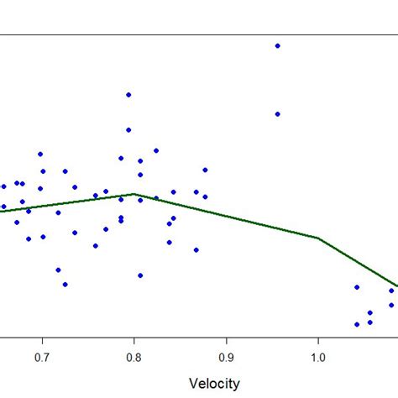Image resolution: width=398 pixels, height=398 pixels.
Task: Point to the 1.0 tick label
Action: pyautogui.click(x=318, y=358)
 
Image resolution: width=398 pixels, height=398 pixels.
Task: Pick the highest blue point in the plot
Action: pyautogui.click(x=277, y=45)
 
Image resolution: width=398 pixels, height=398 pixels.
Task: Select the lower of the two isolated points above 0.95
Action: pyautogui.click(x=277, y=113)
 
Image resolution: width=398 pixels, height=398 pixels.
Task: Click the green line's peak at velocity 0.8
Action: pyautogui.click(x=134, y=194)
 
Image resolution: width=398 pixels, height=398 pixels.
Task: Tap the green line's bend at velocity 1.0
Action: pyautogui.click(x=318, y=238)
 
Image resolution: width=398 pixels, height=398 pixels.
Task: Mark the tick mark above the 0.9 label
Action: pyautogui.click(x=226, y=341)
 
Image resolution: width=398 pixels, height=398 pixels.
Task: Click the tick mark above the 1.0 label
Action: pyautogui.click(x=318, y=341)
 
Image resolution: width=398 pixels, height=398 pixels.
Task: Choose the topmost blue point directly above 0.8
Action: pyautogui.click(x=128, y=95)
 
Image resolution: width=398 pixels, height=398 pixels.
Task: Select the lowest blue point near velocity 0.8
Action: pyautogui.click(x=140, y=275)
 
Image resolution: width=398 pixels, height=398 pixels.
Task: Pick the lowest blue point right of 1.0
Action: pyautogui.click(x=357, y=324)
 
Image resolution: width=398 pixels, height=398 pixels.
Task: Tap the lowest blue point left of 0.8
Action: pyautogui.click(x=65, y=284)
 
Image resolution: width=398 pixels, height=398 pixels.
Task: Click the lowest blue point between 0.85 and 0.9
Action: pyautogui.click(x=196, y=249)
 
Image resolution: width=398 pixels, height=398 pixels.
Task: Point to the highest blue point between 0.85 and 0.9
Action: pyautogui.click(x=204, y=170)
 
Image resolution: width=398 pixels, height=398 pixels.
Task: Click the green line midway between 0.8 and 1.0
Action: pyautogui.click(x=226, y=216)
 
